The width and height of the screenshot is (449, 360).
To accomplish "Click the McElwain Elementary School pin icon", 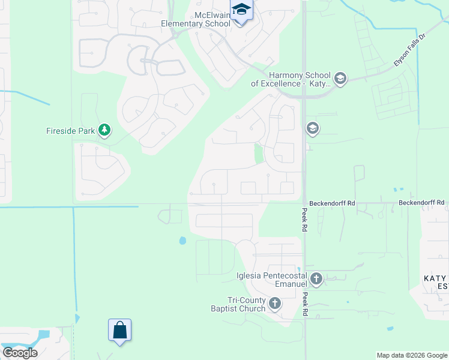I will tap(241, 11).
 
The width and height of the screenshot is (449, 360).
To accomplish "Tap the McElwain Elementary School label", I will tap(195, 19).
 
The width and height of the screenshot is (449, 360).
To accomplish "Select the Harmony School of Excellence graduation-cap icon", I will tap(340, 79).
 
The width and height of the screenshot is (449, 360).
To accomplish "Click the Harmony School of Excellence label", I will tap(291, 79).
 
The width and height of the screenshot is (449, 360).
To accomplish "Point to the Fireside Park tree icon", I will tap(104, 130).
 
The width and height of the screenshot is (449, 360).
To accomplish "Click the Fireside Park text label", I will tap(71, 130).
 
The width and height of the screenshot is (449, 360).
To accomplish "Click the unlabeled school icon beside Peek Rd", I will tap(312, 128).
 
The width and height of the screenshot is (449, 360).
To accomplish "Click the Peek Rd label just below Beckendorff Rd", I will tap(305, 221).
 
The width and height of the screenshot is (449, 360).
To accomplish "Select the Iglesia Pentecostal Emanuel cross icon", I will tap(316, 278).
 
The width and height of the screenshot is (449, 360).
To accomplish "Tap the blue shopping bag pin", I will tap(119, 330).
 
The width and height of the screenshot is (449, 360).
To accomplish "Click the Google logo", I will tap(19, 352).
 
